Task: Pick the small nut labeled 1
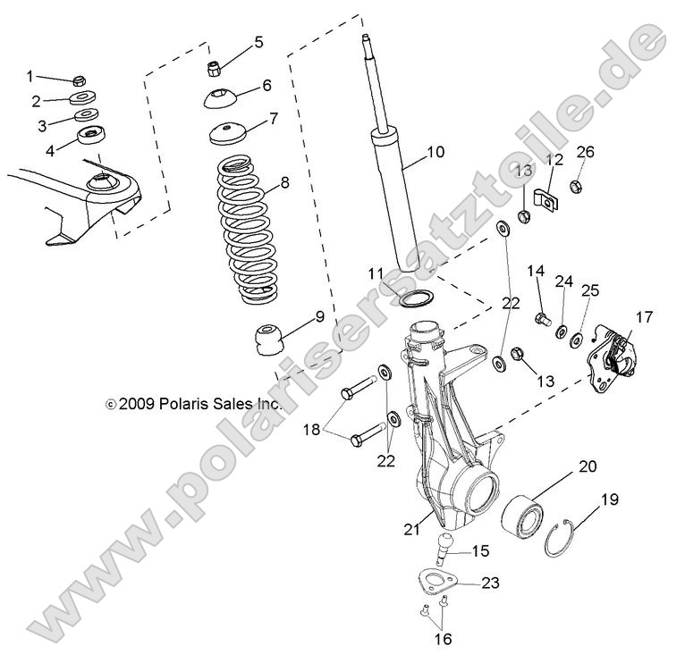79,80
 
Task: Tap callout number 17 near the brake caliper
645,316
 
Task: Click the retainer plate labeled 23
439,585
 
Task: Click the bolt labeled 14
540,318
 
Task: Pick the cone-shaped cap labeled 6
219,97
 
